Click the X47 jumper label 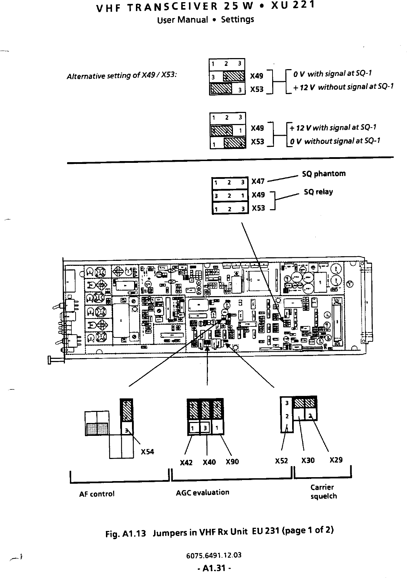click(x=258, y=181)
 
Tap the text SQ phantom click(x=324, y=174)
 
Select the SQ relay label click(x=318, y=192)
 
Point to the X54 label click(x=147, y=452)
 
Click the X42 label click(x=186, y=463)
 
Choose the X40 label click(x=209, y=462)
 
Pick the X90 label click(x=232, y=462)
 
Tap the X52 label click(x=281, y=461)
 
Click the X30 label click(x=308, y=460)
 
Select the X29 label click(x=336, y=460)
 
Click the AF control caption click(x=97, y=494)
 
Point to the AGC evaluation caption click(x=203, y=492)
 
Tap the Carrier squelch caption click(x=323, y=492)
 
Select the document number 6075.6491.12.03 click(x=214, y=555)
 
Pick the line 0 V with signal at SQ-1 click(x=332, y=74)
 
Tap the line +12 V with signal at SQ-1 click(x=333, y=128)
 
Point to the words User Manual click(x=182, y=20)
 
